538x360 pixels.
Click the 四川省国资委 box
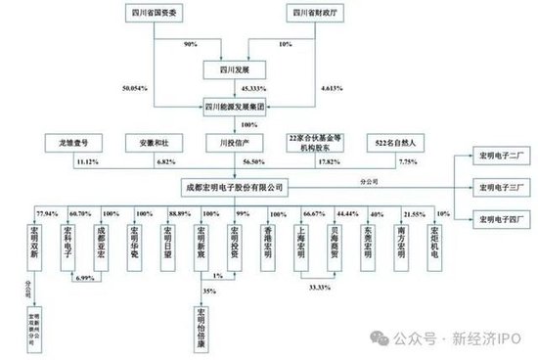(157, 13)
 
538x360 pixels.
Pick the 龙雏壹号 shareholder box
(74, 143)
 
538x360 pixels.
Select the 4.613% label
(333, 87)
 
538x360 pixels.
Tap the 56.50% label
(255, 162)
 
